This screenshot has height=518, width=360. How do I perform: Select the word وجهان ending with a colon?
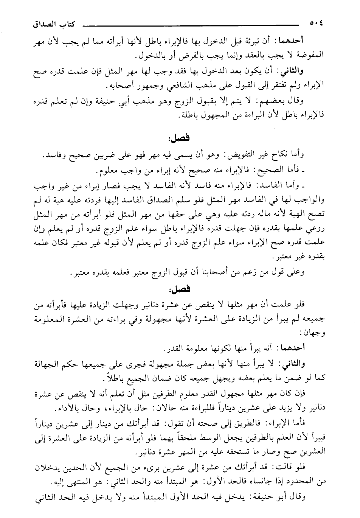coord(314,333)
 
